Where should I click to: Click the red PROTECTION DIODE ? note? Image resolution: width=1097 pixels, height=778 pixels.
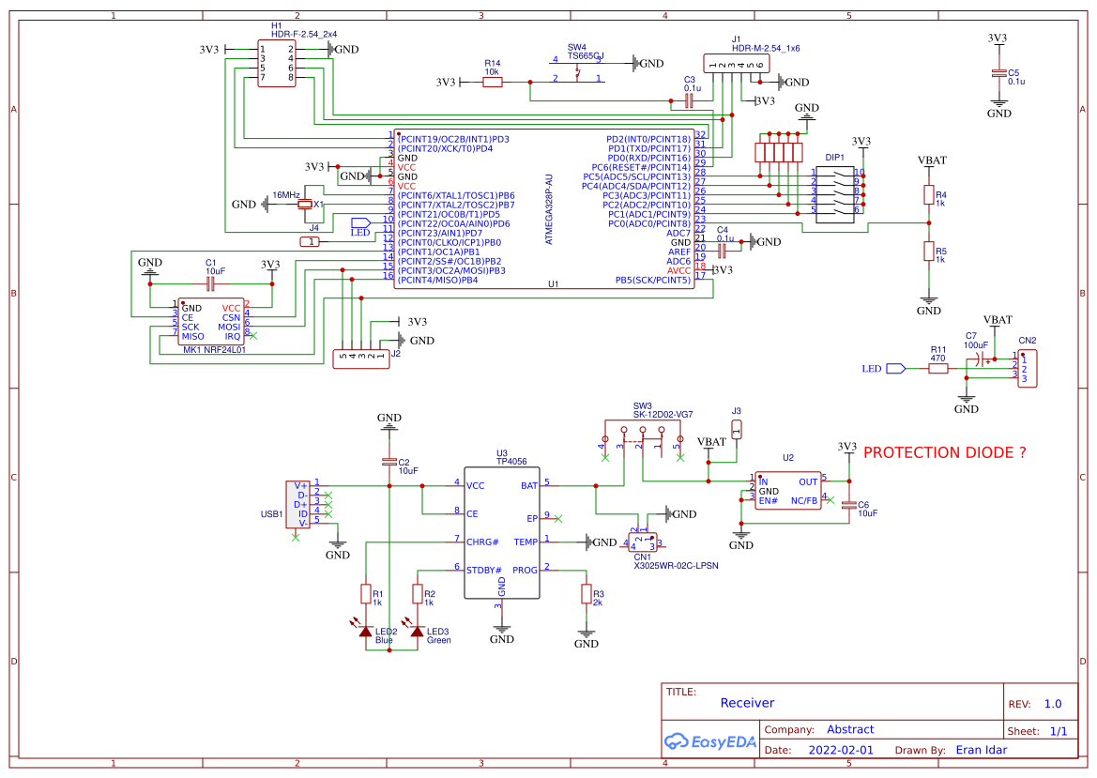click(944, 452)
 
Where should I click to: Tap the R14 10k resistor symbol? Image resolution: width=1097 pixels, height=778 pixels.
click(493, 83)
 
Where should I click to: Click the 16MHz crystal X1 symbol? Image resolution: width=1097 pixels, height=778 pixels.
click(304, 204)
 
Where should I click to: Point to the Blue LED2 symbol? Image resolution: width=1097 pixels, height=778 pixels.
click(366, 632)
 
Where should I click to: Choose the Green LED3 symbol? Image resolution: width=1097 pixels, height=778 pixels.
click(417, 632)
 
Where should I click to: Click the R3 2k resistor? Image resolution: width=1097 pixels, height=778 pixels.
click(587, 594)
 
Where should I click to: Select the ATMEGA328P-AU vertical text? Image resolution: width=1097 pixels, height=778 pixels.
click(550, 209)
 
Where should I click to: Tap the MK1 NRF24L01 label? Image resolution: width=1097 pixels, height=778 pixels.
click(214, 350)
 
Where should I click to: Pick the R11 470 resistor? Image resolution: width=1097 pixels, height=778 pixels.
click(938, 369)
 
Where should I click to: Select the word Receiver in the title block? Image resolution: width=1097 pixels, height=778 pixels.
click(747, 702)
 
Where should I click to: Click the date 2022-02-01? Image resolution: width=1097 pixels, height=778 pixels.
click(840, 750)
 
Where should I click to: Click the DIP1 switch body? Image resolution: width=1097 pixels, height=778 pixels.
click(834, 192)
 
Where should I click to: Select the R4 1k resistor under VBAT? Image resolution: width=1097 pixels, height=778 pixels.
click(928, 195)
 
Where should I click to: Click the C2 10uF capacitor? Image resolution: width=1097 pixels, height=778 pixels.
click(389, 461)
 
